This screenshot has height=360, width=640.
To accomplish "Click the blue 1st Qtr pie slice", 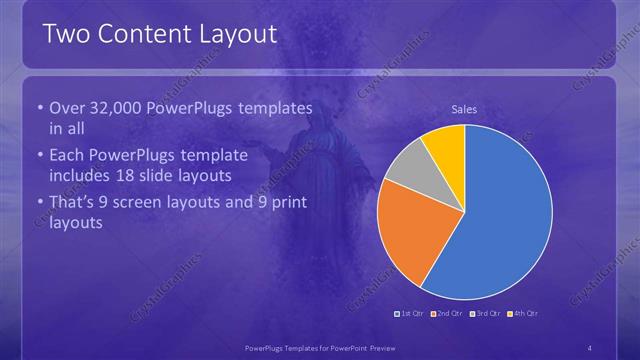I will coord(510,215).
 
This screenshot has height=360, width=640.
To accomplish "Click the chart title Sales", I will coord(464,109).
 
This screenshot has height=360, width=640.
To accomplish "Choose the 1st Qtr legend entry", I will coord(411,314).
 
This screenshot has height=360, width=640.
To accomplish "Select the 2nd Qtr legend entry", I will coord(449,314).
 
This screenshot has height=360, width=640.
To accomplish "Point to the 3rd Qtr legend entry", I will coord(486,314).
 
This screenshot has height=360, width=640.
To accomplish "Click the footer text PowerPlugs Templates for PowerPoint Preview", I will coord(319,347).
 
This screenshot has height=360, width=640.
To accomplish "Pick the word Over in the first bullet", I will coord(66,108).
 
